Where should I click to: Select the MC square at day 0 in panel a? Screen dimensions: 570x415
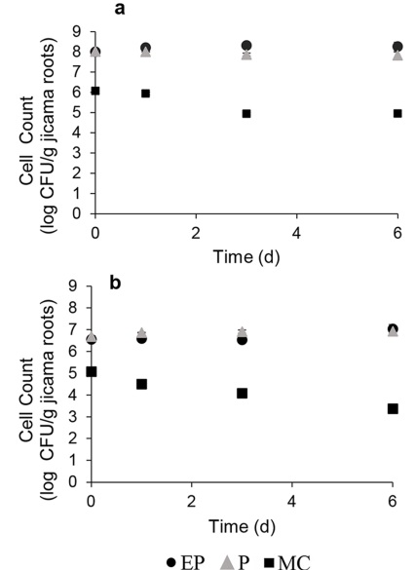pyautogui.click(x=94, y=91)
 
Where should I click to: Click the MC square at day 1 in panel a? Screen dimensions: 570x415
pyautogui.click(x=145, y=94)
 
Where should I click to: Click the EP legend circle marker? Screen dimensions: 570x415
pyautogui.click(x=172, y=560)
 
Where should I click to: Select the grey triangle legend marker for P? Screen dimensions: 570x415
pyautogui.click(x=222, y=560)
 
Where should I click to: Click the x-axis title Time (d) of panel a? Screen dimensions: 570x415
pyautogui.click(x=245, y=254)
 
